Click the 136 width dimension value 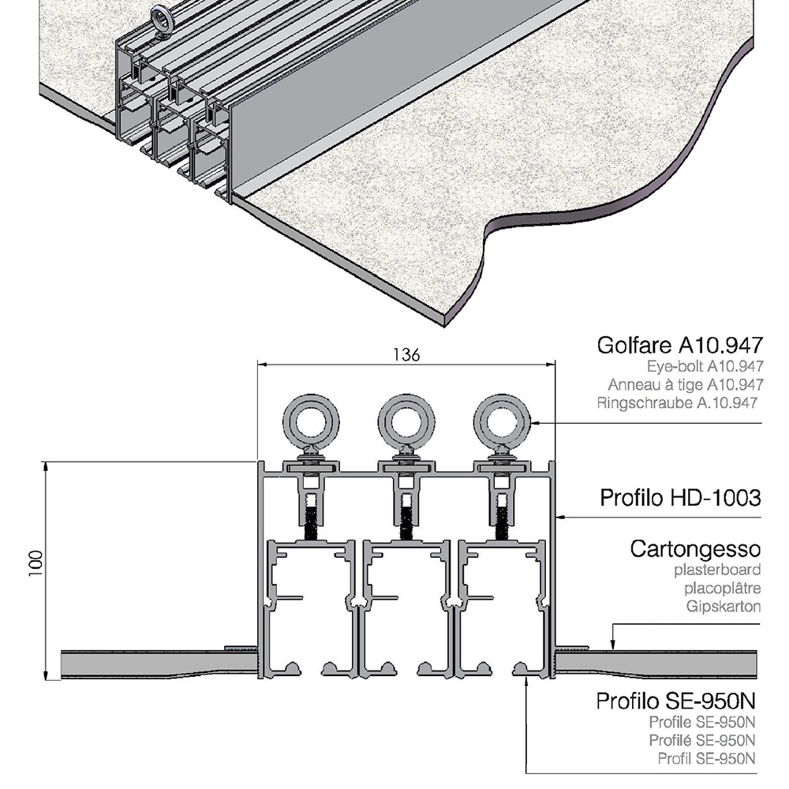point(406,355)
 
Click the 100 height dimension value point(36,563)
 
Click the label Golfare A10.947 point(680,346)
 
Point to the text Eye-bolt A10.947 point(705,366)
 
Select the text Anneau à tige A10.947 point(686,385)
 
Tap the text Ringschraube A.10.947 point(677,403)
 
